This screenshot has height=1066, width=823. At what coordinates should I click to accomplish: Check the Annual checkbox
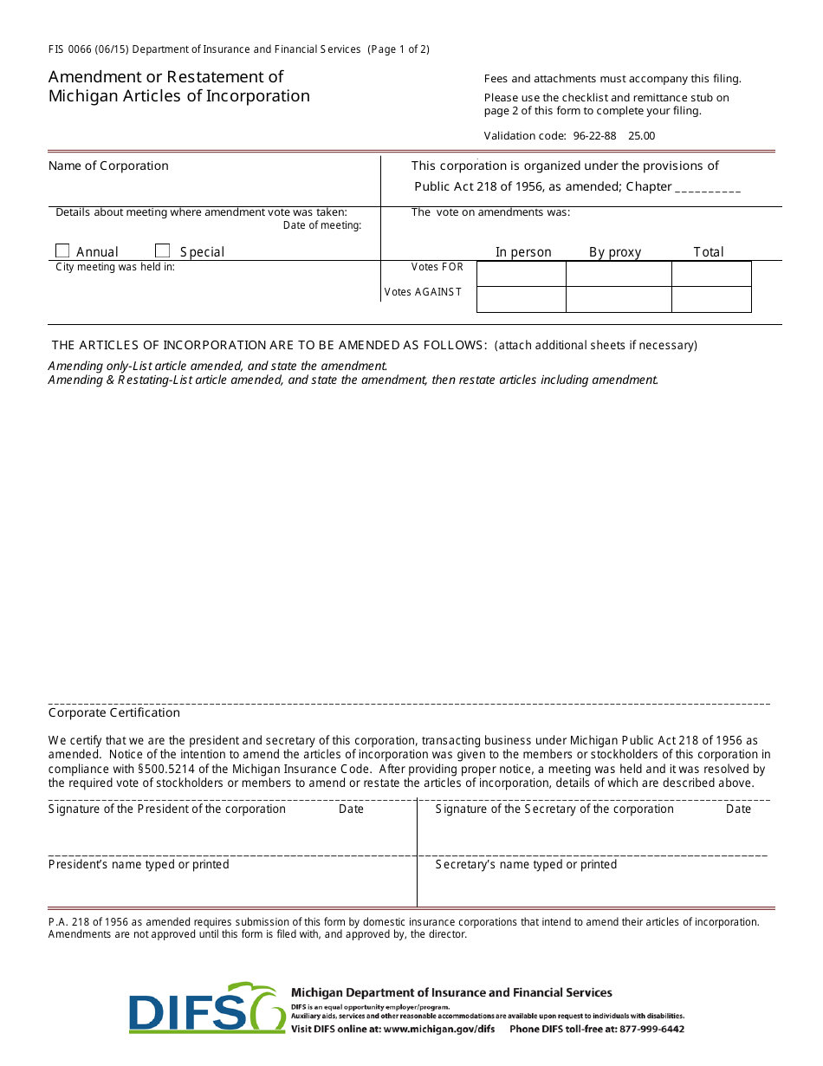[62, 250]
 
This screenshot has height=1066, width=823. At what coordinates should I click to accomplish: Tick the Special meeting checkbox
[162, 250]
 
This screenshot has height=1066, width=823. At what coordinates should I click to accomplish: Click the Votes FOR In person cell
[521, 274]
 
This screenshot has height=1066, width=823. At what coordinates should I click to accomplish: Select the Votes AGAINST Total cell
[711, 299]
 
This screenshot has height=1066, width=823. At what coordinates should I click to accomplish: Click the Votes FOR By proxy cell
[619, 274]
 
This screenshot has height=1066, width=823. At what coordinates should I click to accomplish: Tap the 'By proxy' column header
[615, 252]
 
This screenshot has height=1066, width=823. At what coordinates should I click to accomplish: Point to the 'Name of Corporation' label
[108, 166]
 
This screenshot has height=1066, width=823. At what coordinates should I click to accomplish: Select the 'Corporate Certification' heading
[114, 712]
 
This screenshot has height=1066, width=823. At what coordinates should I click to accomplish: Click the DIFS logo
[207, 1008]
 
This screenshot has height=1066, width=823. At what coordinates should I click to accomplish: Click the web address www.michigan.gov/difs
[439, 1030]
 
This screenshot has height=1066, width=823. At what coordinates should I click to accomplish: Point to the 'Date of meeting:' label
[322, 225]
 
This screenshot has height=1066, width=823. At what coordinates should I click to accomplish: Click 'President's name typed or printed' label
[139, 864]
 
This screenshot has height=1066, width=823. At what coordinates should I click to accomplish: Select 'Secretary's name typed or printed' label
[526, 864]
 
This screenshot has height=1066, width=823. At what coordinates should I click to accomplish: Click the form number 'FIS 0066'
[74, 49]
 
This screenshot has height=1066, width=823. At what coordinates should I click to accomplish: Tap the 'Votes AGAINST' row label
[424, 292]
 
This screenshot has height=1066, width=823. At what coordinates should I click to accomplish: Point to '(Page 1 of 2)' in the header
[399, 49]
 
